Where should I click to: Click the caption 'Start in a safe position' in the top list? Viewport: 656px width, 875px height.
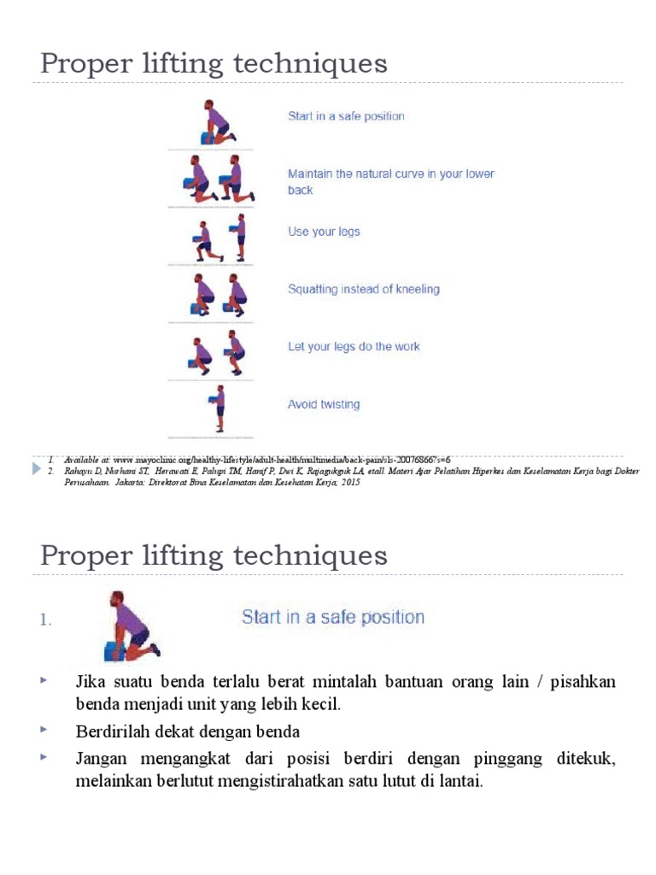pos(346,116)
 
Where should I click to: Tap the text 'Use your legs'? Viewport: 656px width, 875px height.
pos(324,232)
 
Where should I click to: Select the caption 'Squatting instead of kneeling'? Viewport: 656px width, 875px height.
pos(364,290)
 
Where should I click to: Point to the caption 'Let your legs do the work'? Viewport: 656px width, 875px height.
pos(354,347)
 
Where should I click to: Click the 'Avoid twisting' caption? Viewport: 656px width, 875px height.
pos(324,405)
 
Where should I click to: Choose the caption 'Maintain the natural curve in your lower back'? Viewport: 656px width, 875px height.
pos(390,181)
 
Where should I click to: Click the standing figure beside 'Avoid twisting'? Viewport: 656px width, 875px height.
pos(220,406)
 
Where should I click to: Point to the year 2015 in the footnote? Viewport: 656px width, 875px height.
pos(348,482)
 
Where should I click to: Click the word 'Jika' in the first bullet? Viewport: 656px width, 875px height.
pos(91,682)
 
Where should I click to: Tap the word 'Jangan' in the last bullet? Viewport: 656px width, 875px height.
pos(101,758)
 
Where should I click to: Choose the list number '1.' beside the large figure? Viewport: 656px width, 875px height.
pos(46,621)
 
